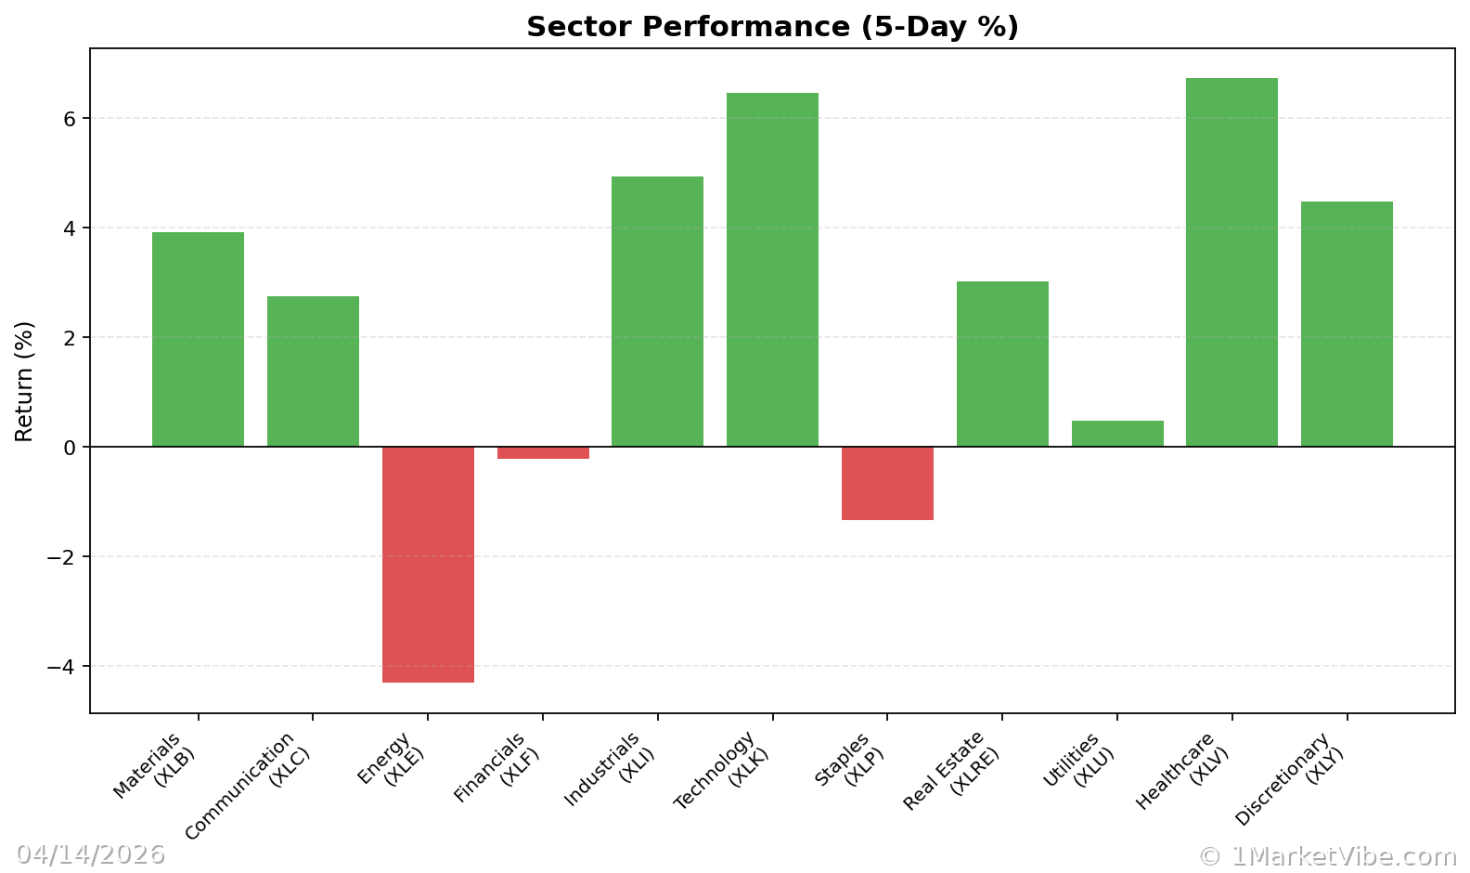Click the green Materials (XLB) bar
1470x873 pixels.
coord(198,339)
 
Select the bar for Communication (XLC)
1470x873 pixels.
coord(313,371)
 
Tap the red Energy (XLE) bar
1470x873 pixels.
coord(428,565)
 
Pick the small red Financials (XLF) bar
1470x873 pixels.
coord(543,453)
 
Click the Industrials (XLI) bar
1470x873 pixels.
coord(657,311)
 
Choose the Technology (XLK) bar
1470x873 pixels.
coord(772,269)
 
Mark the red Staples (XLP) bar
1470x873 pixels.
coord(887,483)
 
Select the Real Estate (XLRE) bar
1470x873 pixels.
coord(1002,364)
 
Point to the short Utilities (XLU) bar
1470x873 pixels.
coord(1117,434)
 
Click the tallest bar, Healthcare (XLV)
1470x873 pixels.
coord(1231,262)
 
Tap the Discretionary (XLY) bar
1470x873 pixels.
coord(1347,324)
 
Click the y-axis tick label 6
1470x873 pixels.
coord(71,119)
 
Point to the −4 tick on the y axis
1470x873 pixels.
coord(63,667)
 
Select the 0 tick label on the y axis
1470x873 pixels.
coord(71,448)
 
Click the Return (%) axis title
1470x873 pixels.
coord(24,381)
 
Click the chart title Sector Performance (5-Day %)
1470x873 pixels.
coord(772,27)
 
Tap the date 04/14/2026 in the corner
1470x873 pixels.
coord(91,854)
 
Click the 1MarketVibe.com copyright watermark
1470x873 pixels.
coord(1327,855)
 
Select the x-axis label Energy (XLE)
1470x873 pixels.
coord(391,759)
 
